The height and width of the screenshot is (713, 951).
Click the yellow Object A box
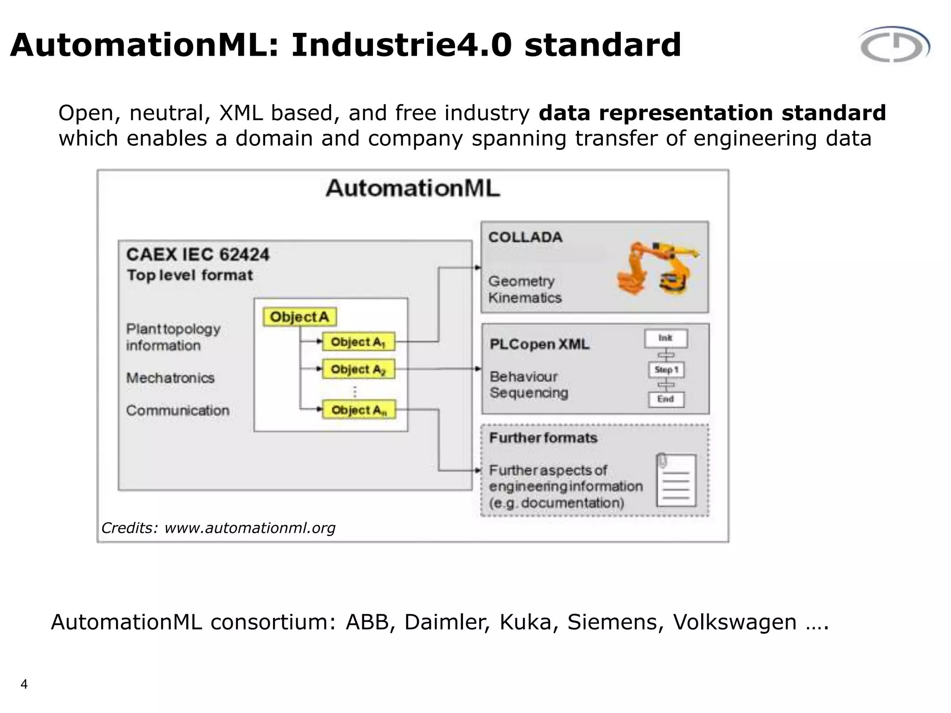(300, 317)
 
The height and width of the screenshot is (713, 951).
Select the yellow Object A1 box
(358, 342)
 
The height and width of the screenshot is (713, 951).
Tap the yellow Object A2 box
(358, 369)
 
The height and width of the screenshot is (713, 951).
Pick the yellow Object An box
(359, 410)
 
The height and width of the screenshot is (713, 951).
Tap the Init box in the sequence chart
(666, 338)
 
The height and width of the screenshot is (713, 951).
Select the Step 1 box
(666, 370)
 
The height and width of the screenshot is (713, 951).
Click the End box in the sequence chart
(666, 399)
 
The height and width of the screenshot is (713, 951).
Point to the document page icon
(676, 480)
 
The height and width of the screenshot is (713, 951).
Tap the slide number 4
(24, 684)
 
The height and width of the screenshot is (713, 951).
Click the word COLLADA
(525, 237)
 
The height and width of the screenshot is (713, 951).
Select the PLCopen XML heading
(539, 344)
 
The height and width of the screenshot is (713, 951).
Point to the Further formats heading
(543, 438)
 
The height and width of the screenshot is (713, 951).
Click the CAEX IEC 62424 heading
(198, 254)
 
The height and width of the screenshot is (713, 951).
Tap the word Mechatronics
(170, 378)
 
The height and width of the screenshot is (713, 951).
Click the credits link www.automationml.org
(250, 528)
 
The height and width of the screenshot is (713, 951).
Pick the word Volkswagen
(735, 622)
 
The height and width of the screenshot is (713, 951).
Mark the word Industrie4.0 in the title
(402, 45)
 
